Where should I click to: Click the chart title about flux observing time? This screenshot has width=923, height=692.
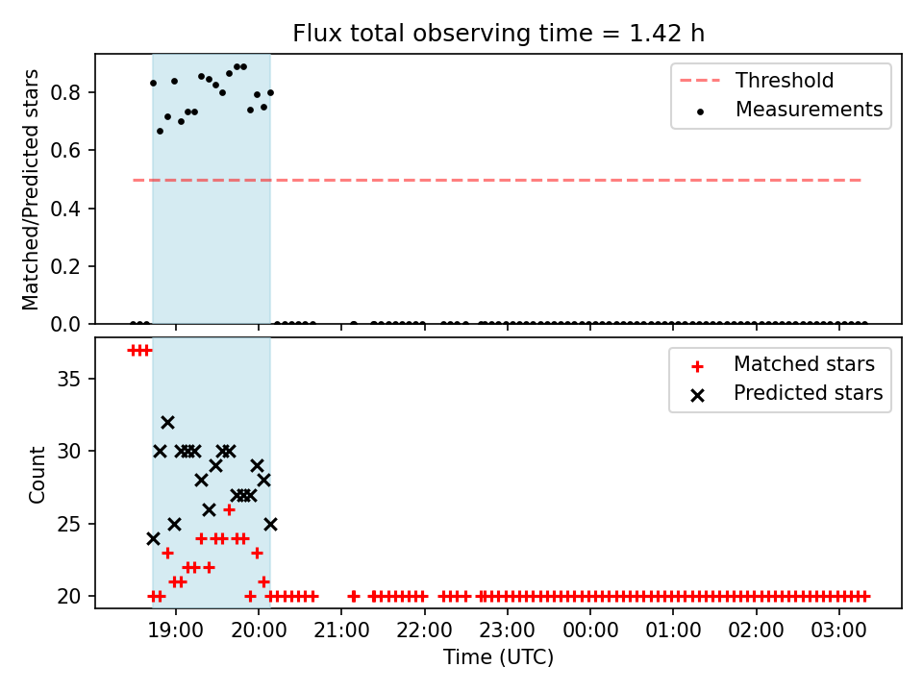tap(499, 34)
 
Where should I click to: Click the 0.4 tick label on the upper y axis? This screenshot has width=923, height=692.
tap(64, 209)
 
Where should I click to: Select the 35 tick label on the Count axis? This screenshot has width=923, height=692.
tap(68, 379)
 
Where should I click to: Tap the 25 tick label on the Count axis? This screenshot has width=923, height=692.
tap(68, 524)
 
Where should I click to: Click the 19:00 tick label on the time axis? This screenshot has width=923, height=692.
tap(175, 630)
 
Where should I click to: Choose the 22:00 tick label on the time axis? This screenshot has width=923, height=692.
tap(424, 630)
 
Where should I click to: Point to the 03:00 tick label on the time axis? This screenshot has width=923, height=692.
tap(838, 630)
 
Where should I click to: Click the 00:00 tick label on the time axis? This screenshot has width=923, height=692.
tap(590, 630)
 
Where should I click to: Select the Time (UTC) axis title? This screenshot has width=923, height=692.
tap(499, 656)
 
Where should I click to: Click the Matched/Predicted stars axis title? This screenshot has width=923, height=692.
tap(30, 189)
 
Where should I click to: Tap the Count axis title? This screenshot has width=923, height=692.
tap(37, 474)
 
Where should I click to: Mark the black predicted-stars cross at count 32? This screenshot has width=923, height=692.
tap(167, 423)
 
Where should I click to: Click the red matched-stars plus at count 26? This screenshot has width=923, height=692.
tap(230, 509)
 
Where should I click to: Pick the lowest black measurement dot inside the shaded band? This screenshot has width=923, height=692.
tap(161, 132)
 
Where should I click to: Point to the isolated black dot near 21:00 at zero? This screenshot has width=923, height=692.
tap(354, 324)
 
